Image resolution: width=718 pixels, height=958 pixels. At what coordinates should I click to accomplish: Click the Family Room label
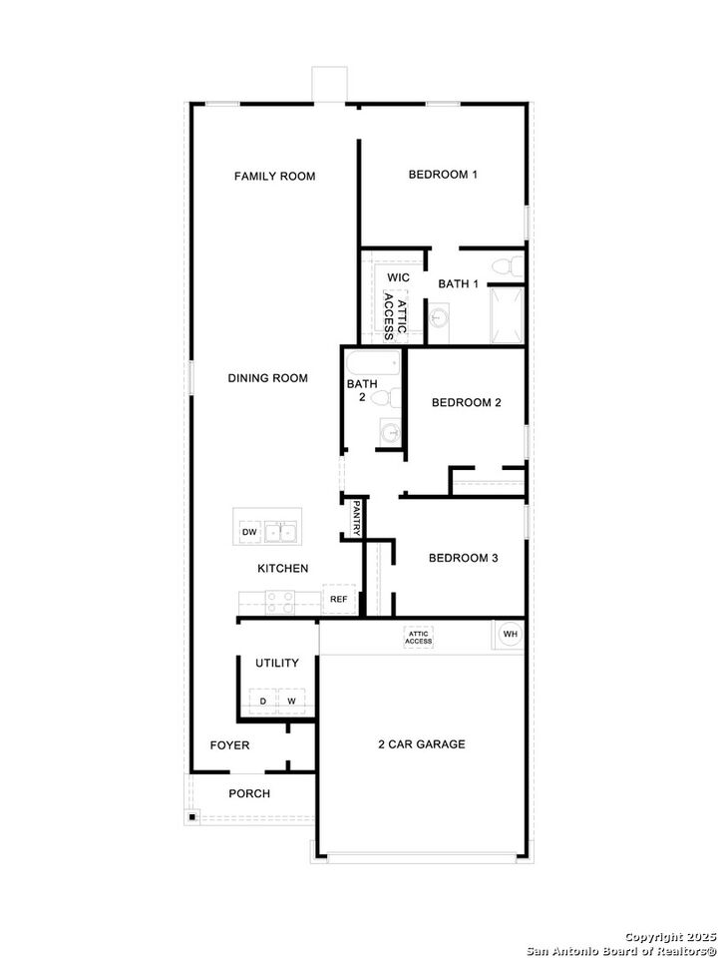(x=274, y=177)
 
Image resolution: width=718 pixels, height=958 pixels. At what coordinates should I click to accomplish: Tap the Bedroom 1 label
(x=443, y=175)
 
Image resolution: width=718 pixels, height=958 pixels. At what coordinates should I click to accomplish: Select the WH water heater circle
(x=509, y=634)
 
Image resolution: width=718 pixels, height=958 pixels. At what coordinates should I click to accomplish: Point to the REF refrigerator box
(x=339, y=599)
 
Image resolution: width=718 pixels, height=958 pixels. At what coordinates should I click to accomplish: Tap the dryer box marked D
(x=263, y=702)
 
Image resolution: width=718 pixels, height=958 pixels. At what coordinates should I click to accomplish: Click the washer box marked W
(x=292, y=702)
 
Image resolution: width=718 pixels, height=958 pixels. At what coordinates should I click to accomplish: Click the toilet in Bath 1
(x=512, y=266)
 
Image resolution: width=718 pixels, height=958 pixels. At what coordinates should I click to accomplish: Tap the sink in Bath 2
(x=390, y=433)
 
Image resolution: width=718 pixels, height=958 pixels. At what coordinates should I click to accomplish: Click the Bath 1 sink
(x=440, y=318)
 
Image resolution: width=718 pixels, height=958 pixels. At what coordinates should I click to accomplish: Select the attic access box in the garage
(x=418, y=637)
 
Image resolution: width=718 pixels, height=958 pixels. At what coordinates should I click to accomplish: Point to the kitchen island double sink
(x=281, y=533)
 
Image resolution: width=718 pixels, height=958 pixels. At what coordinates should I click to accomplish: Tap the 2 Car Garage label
(x=421, y=744)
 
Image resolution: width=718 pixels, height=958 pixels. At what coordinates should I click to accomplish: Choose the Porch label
(x=249, y=793)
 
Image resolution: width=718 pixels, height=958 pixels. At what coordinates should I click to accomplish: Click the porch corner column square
(x=190, y=817)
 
